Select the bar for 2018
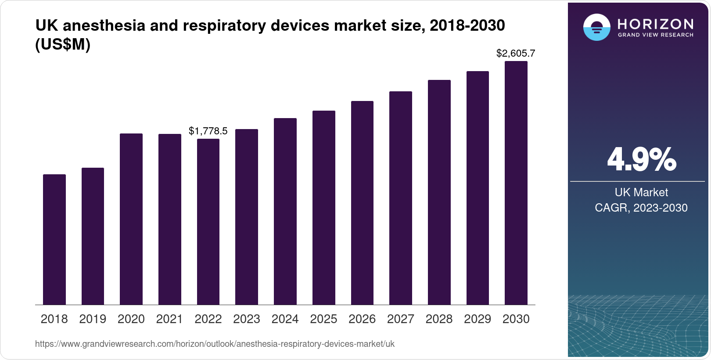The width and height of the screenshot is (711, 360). click(54, 239)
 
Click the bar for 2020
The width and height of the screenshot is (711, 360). click(131, 219)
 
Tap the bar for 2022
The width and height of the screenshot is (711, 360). click(208, 222)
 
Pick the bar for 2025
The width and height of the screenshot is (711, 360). click(324, 208)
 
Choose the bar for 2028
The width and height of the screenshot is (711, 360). click(439, 192)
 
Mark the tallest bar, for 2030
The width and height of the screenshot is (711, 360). click(516, 183)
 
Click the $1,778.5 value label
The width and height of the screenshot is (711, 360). click(208, 131)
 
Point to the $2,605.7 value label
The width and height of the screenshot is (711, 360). click(516, 54)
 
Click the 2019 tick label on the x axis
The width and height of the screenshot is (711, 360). click(93, 319)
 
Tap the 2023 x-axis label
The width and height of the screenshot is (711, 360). click(247, 319)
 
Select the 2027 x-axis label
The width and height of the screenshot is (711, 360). click(401, 319)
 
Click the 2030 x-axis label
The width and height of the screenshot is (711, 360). click(516, 319)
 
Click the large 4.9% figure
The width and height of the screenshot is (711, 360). click(641, 159)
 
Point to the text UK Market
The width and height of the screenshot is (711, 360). click(641, 192)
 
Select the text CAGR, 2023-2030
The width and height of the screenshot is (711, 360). click(641, 208)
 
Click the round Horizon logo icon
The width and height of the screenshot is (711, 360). click(596, 27)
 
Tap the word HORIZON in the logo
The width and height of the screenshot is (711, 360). click(655, 24)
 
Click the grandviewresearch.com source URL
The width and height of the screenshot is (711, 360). click(215, 344)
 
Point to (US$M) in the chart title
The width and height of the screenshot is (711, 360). click(63, 45)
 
